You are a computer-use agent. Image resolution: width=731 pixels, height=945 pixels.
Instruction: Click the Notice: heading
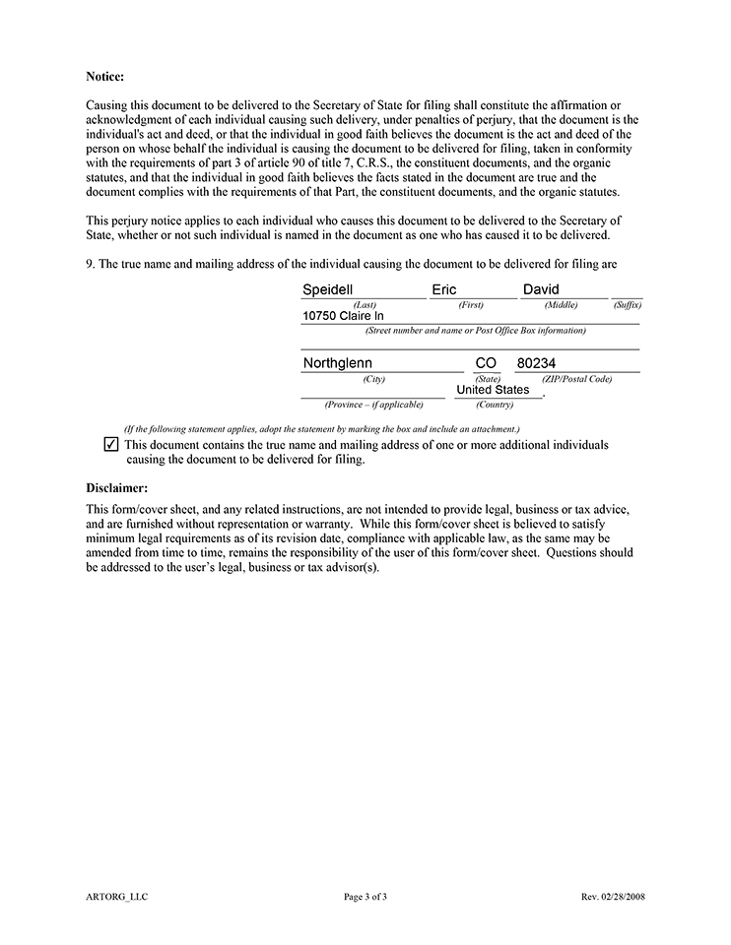coord(104,76)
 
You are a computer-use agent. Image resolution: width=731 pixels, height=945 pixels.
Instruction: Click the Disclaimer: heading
coord(116,487)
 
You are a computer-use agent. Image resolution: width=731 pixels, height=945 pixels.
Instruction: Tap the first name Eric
coord(444,289)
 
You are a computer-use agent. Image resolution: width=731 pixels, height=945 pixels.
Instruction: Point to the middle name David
coord(541,289)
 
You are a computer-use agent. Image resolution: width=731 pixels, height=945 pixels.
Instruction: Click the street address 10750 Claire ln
coord(343,316)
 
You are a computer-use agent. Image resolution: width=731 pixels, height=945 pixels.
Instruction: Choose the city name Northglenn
coord(338,363)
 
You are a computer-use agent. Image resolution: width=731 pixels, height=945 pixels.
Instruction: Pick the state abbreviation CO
coord(486,363)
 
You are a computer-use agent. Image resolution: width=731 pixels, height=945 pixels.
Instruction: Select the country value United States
coord(493,390)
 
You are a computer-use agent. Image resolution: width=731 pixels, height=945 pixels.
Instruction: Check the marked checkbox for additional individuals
coord(110,445)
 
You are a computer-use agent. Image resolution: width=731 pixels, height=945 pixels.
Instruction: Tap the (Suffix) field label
coord(627,305)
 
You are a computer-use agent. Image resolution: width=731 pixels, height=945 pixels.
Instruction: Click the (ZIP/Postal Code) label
coord(576,379)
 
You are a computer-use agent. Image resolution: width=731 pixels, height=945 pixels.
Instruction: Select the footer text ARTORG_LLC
coord(116,897)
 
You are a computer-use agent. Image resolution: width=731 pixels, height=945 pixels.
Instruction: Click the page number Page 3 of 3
coord(365,897)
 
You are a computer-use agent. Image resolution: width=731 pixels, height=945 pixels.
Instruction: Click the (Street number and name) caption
coord(475,331)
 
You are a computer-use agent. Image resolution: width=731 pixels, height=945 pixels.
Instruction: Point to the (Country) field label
coord(494,405)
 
